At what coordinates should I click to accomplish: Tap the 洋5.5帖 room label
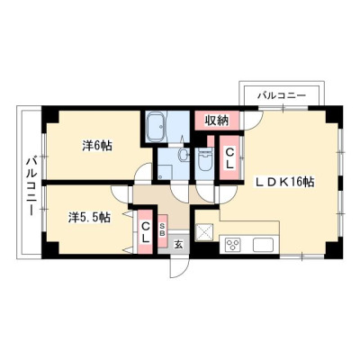89,217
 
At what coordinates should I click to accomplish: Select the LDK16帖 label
284,182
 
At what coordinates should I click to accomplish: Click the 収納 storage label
217,121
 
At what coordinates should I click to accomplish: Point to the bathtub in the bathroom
156,127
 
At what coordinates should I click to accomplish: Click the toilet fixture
206,158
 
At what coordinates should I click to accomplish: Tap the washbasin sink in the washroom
183,154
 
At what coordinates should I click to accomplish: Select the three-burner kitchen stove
233,244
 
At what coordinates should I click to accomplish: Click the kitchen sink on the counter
263,245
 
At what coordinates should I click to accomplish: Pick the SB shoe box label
162,230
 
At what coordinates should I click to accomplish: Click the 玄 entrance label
178,245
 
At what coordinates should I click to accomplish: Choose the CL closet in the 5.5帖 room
145,232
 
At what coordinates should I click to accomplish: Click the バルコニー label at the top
282,95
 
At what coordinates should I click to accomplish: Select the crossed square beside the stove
204,232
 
